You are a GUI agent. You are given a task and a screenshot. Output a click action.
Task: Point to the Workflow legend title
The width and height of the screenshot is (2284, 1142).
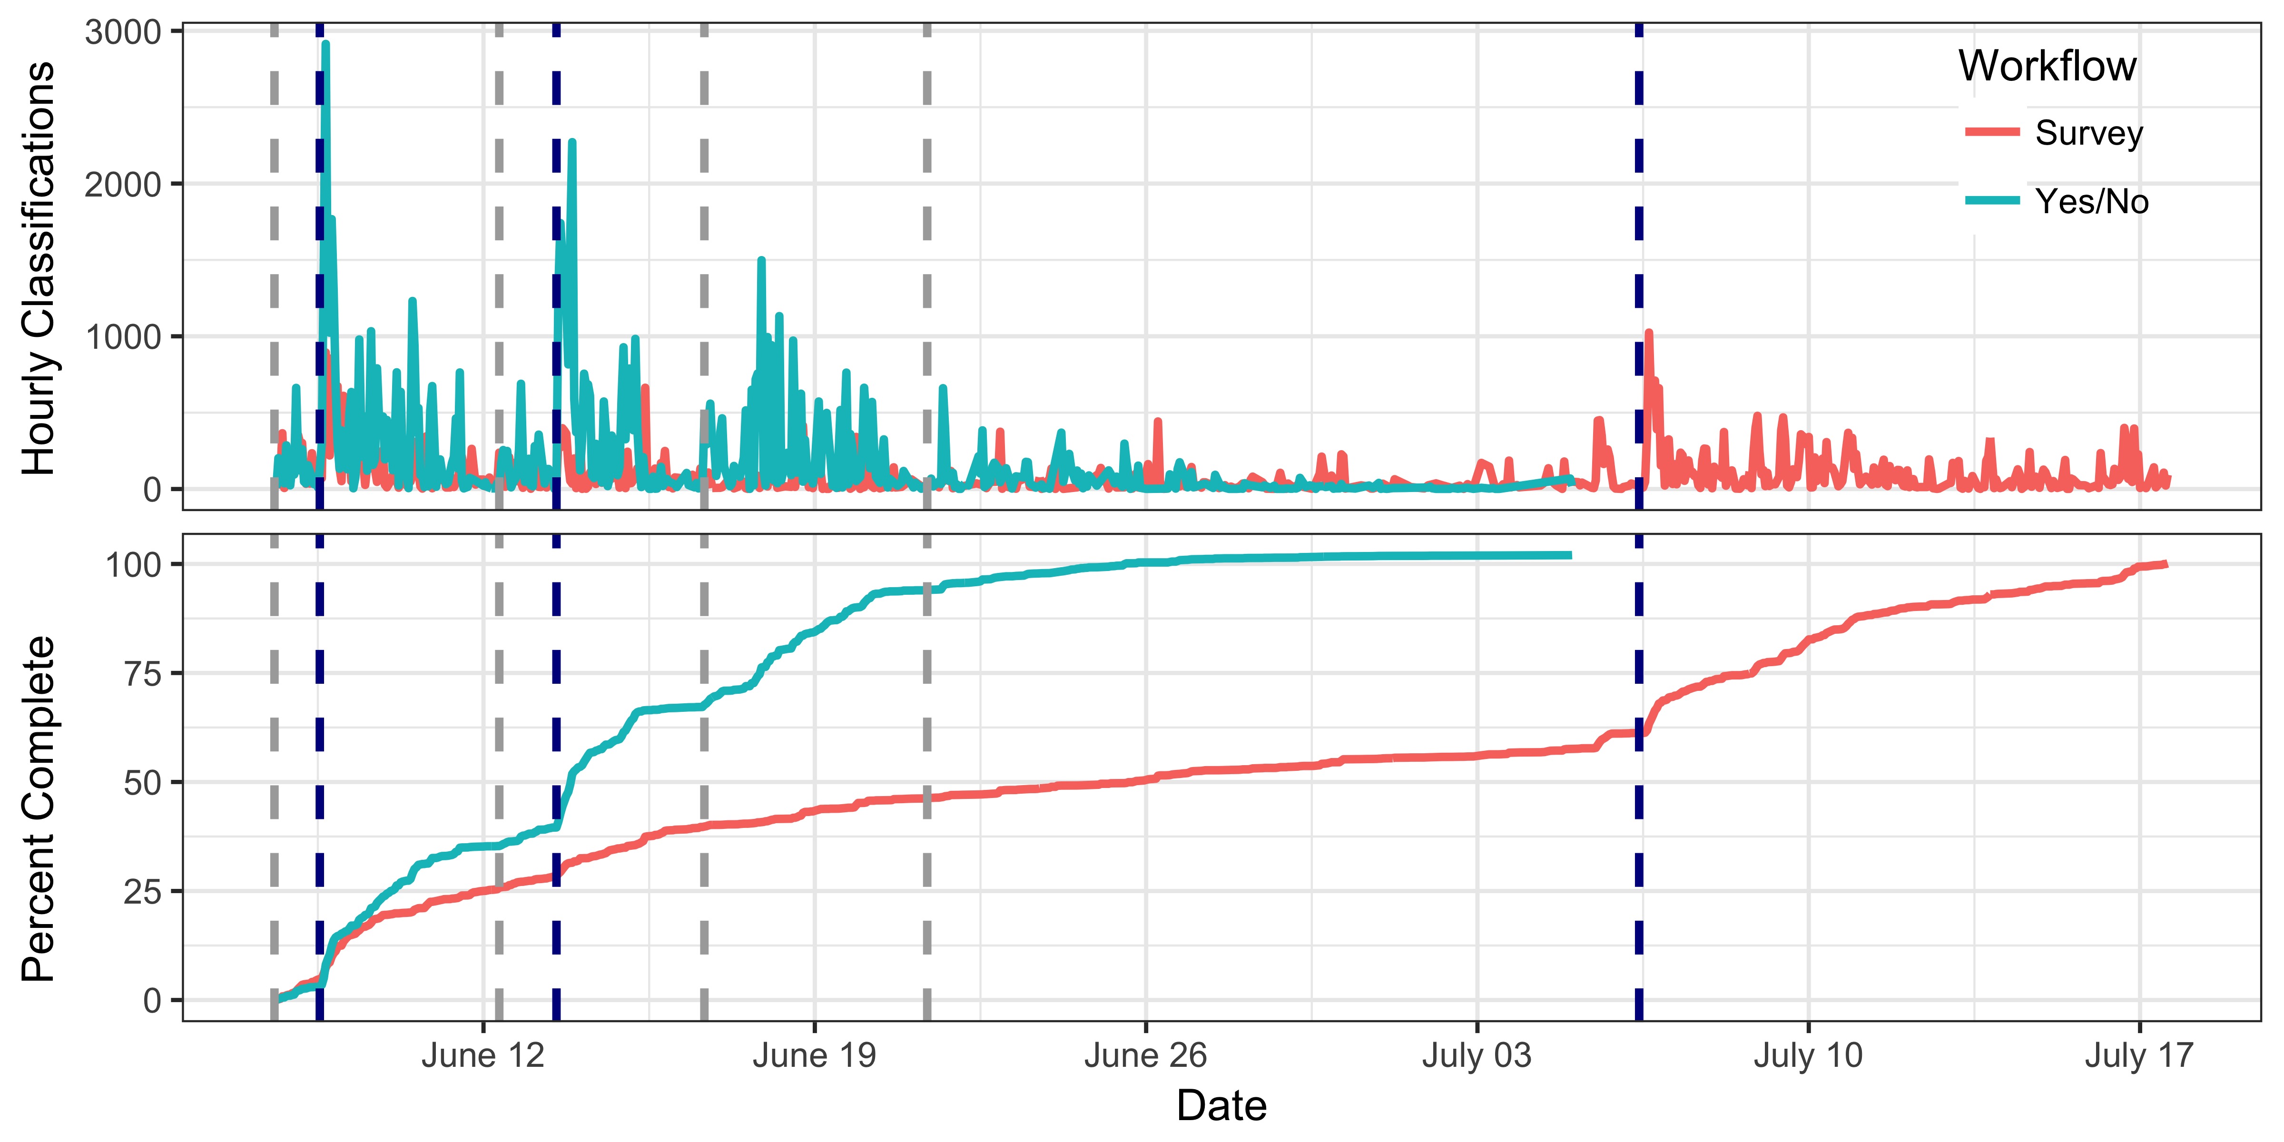(2047, 67)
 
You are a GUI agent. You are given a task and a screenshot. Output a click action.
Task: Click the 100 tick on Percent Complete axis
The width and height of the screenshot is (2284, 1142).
(133, 565)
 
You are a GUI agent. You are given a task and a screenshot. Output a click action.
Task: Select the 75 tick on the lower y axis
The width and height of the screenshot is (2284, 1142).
(142, 674)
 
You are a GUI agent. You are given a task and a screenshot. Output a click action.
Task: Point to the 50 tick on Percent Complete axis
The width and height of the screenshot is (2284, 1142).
(142, 783)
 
